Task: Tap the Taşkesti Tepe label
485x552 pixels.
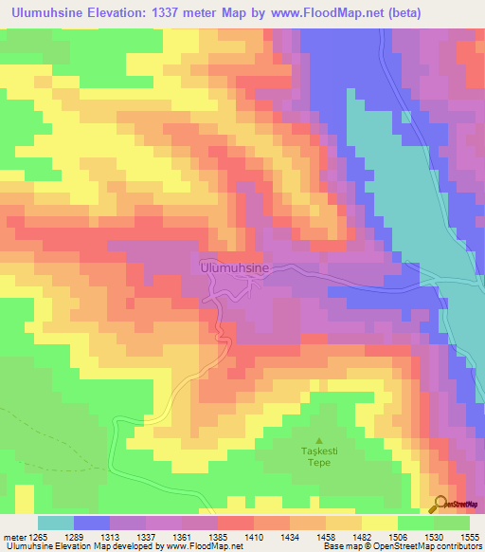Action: pyautogui.click(x=318, y=459)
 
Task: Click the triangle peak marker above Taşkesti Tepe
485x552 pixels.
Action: pyautogui.click(x=318, y=441)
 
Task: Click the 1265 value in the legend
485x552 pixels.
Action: pyautogui.click(x=38, y=536)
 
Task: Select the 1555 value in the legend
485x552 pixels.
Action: pyautogui.click(x=469, y=536)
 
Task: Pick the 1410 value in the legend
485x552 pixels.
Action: pyautogui.click(x=253, y=536)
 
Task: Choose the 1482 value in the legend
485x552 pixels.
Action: pyautogui.click(x=361, y=536)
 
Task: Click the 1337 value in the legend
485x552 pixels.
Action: pyautogui.click(x=145, y=536)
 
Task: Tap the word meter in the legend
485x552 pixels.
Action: pyautogui.click(x=12, y=536)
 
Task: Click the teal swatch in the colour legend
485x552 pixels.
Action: pyautogui.click(x=56, y=523)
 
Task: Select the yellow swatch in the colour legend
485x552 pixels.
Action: pyautogui.click(x=380, y=523)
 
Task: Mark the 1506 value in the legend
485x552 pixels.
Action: pyautogui.click(x=397, y=536)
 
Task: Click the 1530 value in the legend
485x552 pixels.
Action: pyautogui.click(x=433, y=536)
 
